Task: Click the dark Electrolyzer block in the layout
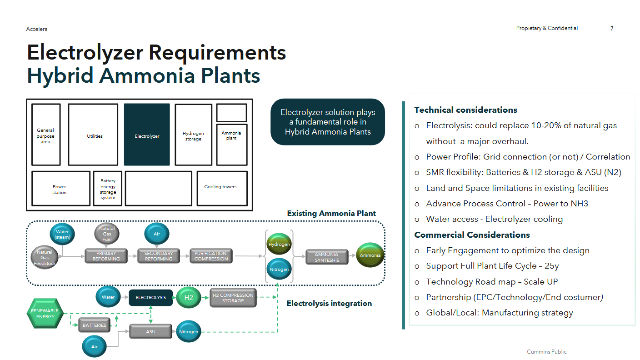click(147, 135)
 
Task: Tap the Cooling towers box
click(222, 188)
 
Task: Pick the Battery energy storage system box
click(108, 189)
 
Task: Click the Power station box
click(60, 188)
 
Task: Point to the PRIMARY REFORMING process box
click(106, 256)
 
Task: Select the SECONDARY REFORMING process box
click(158, 256)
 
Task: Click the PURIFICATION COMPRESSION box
click(211, 256)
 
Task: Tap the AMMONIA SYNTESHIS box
click(327, 257)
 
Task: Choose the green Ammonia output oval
click(370, 255)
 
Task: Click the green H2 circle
click(189, 298)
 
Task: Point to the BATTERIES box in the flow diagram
click(94, 325)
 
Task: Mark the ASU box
click(150, 331)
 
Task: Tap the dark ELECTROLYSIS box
click(151, 298)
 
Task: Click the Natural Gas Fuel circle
click(107, 234)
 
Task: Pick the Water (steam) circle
click(62, 235)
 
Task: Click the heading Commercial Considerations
click(472, 235)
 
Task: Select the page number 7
click(612, 29)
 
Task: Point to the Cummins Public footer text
click(546, 352)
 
